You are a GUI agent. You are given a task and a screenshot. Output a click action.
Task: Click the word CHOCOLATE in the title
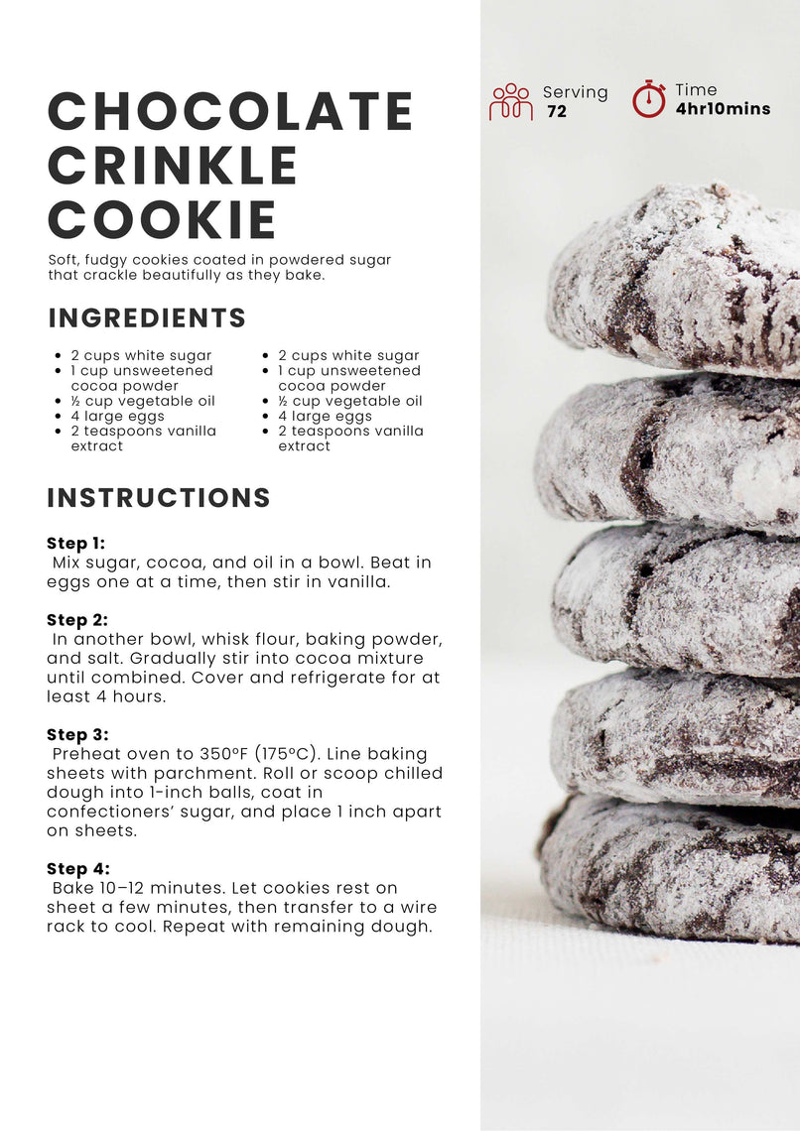pyautogui.click(x=230, y=111)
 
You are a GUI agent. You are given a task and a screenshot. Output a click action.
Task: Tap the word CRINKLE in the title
pyautogui.click(x=173, y=165)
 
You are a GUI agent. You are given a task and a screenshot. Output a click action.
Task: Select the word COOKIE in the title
pyautogui.click(x=163, y=219)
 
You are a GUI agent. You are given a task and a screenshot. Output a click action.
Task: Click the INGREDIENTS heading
pyautogui.click(x=147, y=318)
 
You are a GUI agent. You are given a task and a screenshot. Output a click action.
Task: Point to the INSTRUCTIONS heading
pyautogui.click(x=159, y=498)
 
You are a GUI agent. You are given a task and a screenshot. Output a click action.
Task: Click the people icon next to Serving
pyautogui.click(x=511, y=102)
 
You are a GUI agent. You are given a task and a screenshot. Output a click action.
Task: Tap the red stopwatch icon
pyautogui.click(x=649, y=99)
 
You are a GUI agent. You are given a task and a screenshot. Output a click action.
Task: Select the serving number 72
pyautogui.click(x=557, y=111)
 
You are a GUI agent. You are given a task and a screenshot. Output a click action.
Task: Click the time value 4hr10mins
pyautogui.click(x=723, y=109)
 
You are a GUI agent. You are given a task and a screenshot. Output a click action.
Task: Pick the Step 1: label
pyautogui.click(x=75, y=543)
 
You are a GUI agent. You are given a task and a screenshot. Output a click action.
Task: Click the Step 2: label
pyautogui.click(x=77, y=620)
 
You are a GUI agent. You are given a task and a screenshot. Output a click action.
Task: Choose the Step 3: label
pyautogui.click(x=77, y=735)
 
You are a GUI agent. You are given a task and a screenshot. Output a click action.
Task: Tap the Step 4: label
pyautogui.click(x=77, y=869)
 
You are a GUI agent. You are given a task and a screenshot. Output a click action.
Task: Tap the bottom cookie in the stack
pyautogui.click(x=671, y=869)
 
